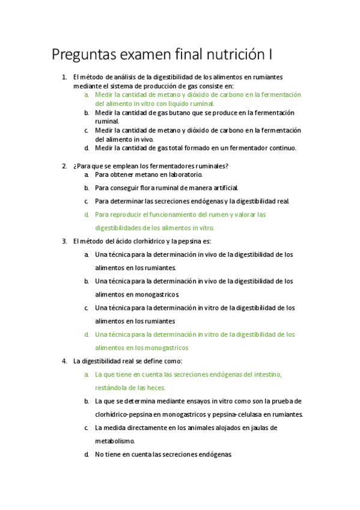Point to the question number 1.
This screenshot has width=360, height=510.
click(64, 77)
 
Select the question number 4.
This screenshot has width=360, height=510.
click(64, 361)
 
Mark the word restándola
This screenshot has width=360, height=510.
click(113, 387)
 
